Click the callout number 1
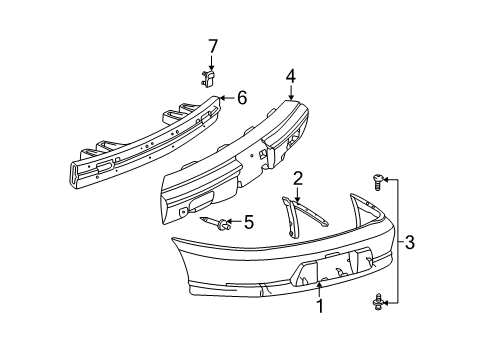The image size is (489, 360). tap(320, 307)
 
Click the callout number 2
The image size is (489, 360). tap(297, 178)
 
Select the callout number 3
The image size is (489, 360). tap(411, 242)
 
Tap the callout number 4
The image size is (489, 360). tap(290, 75)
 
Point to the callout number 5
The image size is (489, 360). tap(249, 222)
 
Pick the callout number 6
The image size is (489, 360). tap(242, 98)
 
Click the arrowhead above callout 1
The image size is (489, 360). tap(320, 286)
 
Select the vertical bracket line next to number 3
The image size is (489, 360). tap(398, 240)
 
